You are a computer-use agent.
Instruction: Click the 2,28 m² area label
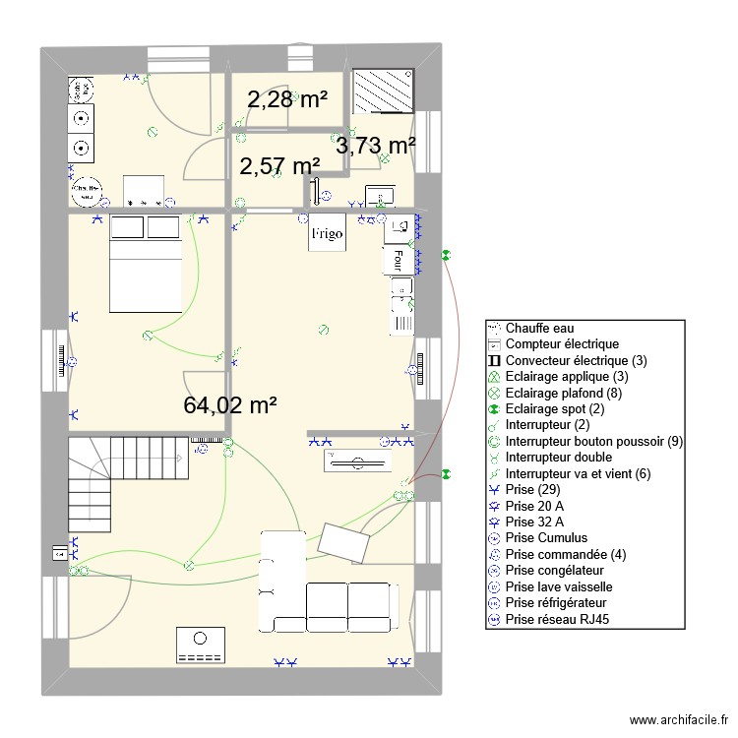(x=286, y=99)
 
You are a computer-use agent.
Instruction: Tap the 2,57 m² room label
(x=279, y=166)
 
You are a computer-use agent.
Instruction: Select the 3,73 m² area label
(x=375, y=146)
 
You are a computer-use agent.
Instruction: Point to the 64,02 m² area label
(x=229, y=404)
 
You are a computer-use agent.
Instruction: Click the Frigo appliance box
(x=327, y=234)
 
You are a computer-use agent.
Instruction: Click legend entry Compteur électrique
(x=561, y=344)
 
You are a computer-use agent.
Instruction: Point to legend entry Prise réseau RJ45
(x=562, y=619)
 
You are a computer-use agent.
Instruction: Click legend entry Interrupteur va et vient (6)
(x=578, y=473)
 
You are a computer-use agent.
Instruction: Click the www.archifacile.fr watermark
(x=678, y=720)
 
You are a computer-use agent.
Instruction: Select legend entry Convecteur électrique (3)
(x=576, y=360)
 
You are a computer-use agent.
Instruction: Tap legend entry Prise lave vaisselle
(x=559, y=586)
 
